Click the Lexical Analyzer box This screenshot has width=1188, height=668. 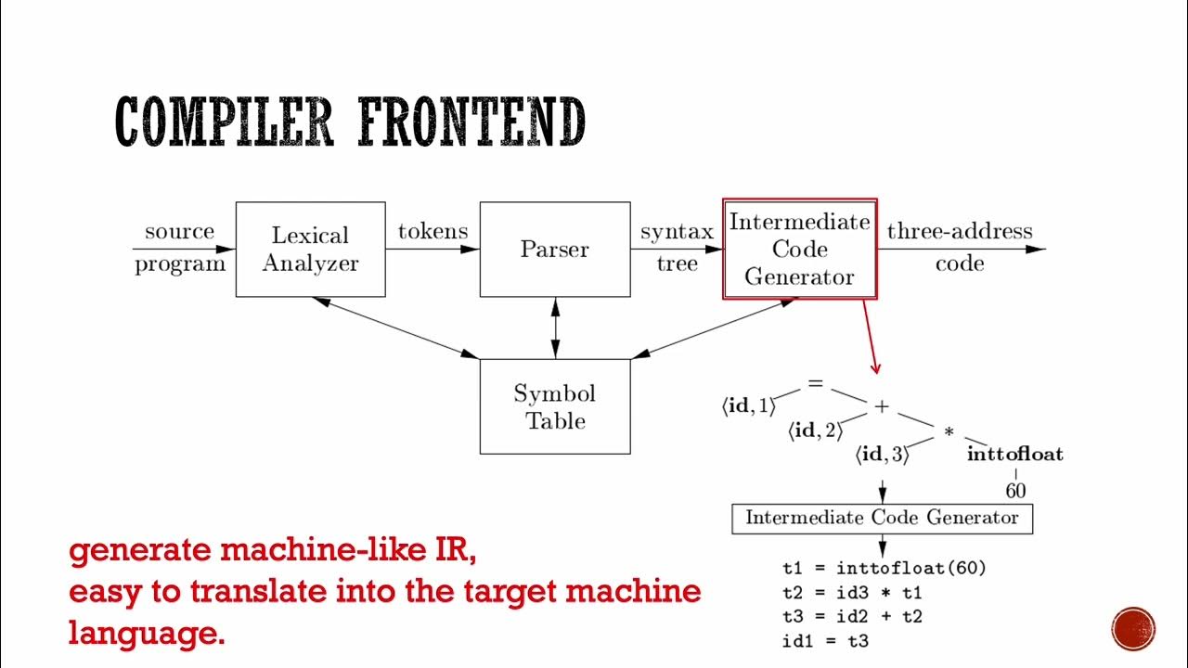click(x=310, y=250)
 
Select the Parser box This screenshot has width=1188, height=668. click(x=554, y=250)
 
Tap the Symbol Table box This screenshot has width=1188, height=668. click(x=554, y=406)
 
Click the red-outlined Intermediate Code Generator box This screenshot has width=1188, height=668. click(x=799, y=249)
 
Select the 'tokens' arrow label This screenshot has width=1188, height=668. click(x=433, y=231)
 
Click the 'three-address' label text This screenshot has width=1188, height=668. click(x=959, y=231)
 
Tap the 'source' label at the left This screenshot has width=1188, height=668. click(x=179, y=231)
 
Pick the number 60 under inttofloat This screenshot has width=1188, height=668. click(x=1015, y=489)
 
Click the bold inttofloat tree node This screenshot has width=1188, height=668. click(x=1014, y=455)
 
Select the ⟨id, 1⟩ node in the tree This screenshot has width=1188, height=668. click(x=749, y=406)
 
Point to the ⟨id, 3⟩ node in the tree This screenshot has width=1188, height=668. click(x=882, y=455)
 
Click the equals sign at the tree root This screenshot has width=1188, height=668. click(x=815, y=382)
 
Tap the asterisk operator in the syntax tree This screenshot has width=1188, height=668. click(x=949, y=432)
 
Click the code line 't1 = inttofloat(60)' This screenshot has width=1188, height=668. click(x=884, y=568)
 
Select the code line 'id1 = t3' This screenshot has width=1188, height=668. click(x=825, y=640)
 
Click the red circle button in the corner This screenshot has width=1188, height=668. click(x=1132, y=628)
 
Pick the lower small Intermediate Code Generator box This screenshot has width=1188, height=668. click(x=882, y=518)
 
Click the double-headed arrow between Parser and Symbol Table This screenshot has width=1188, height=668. click(x=555, y=328)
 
